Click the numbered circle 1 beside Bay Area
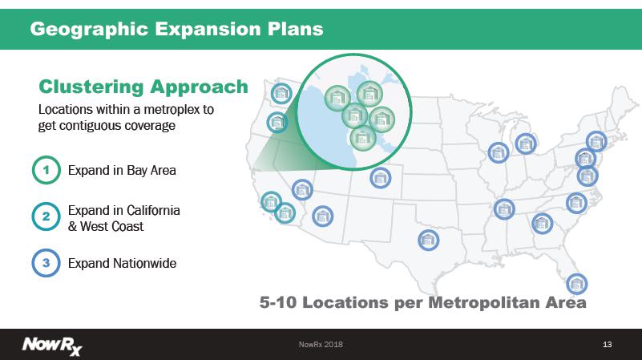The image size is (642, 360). [x=46, y=170]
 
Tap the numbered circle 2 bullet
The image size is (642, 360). [x=46, y=216]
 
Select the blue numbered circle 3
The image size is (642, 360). [x=46, y=263]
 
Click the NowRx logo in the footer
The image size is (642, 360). [x=52, y=346]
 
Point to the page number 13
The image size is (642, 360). [x=608, y=345]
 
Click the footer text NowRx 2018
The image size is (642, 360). [x=321, y=345]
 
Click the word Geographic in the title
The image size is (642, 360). [x=89, y=30]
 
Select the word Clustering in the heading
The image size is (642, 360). [x=91, y=87]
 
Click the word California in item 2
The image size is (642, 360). [x=154, y=210]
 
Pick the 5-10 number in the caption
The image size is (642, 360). [x=278, y=302]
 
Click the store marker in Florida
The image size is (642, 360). [x=577, y=283]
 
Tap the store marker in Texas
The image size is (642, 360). [x=428, y=240]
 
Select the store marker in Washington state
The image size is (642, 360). [x=281, y=93]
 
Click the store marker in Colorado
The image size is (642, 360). [x=381, y=178]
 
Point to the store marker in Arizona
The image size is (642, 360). [x=322, y=216]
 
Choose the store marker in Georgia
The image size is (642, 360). [x=542, y=223]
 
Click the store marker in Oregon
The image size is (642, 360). [x=277, y=122]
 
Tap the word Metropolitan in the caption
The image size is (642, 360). [x=484, y=303]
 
